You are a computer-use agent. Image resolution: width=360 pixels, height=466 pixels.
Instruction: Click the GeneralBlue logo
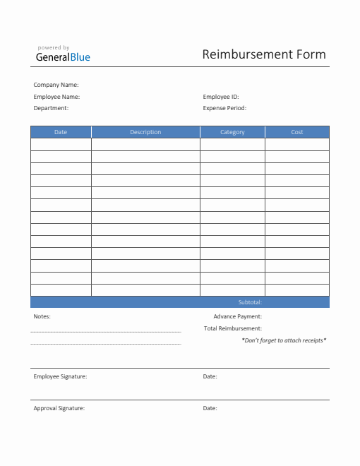pyautogui.click(x=64, y=57)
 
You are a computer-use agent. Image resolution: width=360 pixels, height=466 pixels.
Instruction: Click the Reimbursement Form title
pyautogui.click(x=264, y=54)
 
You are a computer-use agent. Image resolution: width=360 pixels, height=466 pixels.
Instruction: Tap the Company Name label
pyautogui.click(x=56, y=85)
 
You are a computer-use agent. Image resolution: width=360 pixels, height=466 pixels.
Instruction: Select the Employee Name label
pyautogui.click(x=56, y=97)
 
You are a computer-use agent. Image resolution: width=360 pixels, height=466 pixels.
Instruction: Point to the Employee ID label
pyautogui.click(x=221, y=97)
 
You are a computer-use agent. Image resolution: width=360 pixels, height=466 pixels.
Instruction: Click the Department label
pyautogui.click(x=51, y=108)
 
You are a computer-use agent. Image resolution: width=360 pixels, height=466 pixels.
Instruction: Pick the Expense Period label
pyautogui.click(x=224, y=108)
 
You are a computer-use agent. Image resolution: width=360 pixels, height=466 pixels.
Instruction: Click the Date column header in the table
pyautogui.click(x=61, y=132)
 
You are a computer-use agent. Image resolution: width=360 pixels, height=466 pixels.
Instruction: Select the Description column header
pyautogui.click(x=145, y=132)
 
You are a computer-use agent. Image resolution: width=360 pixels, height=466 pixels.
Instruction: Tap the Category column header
pyautogui.click(x=232, y=132)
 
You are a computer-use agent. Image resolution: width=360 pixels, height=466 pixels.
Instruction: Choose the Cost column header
pyautogui.click(x=297, y=132)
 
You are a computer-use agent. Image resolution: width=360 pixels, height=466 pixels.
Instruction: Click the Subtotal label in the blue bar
pyautogui.click(x=250, y=302)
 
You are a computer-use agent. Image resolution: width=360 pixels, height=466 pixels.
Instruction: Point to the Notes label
pyautogui.click(x=42, y=316)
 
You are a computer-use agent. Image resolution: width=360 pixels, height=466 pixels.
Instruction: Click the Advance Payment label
pyautogui.click(x=238, y=316)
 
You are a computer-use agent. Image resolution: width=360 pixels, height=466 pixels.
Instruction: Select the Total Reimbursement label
pyautogui.click(x=233, y=328)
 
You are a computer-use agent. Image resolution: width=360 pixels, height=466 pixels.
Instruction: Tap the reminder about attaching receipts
pyautogui.click(x=284, y=340)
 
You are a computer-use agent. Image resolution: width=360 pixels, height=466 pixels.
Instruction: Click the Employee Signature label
pyautogui.click(x=60, y=376)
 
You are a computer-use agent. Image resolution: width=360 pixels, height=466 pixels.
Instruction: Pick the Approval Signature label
pyautogui.click(x=59, y=408)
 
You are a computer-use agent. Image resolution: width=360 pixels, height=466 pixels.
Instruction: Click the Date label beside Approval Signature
pyautogui.click(x=210, y=408)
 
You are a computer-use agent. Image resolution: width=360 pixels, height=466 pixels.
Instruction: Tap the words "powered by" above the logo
pyautogui.click(x=54, y=47)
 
